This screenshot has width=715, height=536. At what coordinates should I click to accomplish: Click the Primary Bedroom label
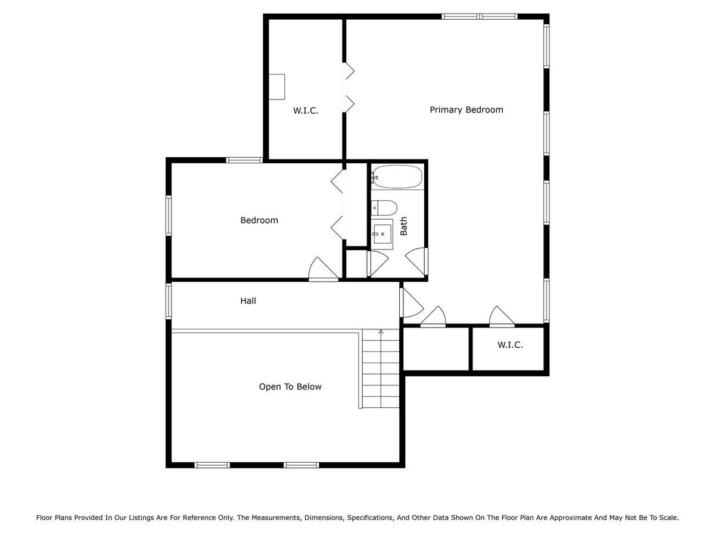pyautogui.click(x=466, y=110)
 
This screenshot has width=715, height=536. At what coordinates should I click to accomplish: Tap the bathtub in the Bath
pyautogui.click(x=397, y=177)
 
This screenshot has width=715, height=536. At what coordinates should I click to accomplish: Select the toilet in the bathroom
pyautogui.click(x=384, y=208)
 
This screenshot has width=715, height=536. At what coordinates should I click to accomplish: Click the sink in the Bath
pyautogui.click(x=382, y=233)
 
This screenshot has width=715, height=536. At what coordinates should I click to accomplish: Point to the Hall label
pyautogui.click(x=248, y=301)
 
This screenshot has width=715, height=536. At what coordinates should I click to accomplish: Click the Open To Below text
pyautogui.click(x=290, y=387)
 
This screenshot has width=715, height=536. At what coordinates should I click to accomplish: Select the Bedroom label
pyautogui.click(x=259, y=220)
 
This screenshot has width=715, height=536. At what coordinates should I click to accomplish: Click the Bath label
pyautogui.click(x=403, y=226)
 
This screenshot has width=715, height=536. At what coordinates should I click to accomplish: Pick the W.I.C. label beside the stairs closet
pyautogui.click(x=510, y=345)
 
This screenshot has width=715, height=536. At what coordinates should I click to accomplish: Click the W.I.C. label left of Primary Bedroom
pyautogui.click(x=305, y=111)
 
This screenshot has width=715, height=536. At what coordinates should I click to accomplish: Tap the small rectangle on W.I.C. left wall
pyautogui.click(x=276, y=87)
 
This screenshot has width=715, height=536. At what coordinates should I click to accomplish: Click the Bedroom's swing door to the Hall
pyautogui.click(x=323, y=269)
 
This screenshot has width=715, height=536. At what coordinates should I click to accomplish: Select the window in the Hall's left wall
pyautogui.click(x=169, y=301)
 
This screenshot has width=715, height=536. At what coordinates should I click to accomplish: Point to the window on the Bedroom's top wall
pyautogui.click(x=244, y=160)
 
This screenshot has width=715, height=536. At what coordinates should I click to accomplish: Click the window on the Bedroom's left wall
pyautogui.click(x=169, y=216)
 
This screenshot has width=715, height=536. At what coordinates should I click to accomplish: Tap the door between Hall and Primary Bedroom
pyautogui.click(x=411, y=303)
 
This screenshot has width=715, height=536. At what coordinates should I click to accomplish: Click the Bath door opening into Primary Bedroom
pyautogui.click(x=417, y=261)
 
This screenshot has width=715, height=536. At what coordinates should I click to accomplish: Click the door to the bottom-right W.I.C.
pyautogui.click(x=502, y=316)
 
